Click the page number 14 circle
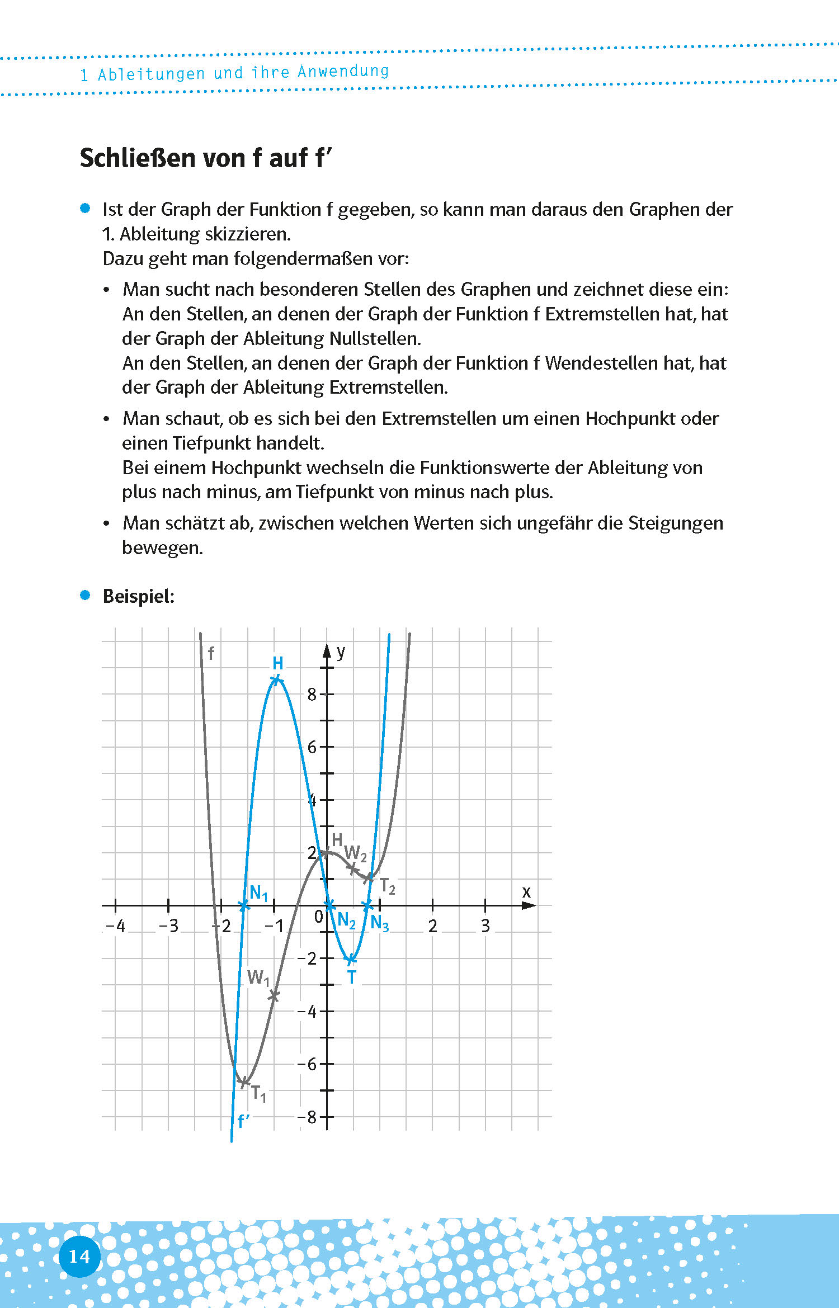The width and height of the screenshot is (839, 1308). coord(79,1256)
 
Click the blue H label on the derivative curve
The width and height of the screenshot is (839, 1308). coord(278,663)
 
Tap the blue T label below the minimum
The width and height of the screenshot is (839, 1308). coord(351,978)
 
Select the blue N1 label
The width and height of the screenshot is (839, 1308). coord(259,893)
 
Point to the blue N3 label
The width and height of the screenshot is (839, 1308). coord(379,923)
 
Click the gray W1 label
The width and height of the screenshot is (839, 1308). coord(258,978)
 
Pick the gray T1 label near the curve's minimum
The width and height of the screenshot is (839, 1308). coord(258,1093)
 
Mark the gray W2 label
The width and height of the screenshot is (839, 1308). coord(355,853)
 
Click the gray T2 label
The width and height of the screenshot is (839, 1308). coord(387,886)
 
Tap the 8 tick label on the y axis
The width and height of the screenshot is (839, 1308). coord(312,695)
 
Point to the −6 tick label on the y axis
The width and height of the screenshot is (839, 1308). coord(307,1064)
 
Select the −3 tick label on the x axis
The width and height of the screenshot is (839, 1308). coord(168,926)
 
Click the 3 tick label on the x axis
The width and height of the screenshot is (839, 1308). coord(485,926)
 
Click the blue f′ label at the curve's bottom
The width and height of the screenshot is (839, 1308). coord(243,1121)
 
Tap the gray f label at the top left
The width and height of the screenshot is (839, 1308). coord(211,653)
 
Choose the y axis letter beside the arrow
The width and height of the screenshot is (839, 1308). coord(341,651)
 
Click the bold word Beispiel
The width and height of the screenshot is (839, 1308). coord(138,596)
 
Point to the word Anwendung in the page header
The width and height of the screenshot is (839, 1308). coord(343,72)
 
